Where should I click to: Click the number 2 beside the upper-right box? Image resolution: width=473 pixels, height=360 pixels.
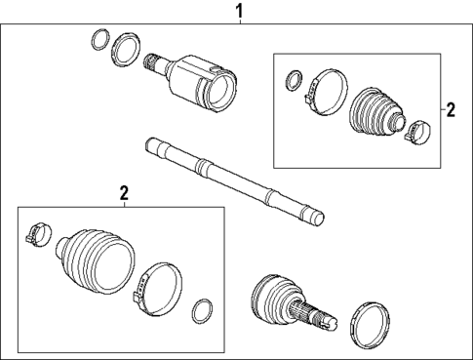pos(450,110)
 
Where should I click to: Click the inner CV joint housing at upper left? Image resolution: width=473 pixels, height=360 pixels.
pos(204,86)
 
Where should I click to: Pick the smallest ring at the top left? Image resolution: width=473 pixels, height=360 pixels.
pos(99,40)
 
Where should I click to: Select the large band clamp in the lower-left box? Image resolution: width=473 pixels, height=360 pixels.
pos(157,289)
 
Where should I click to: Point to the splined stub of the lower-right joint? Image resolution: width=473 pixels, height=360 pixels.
pos(323,316)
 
